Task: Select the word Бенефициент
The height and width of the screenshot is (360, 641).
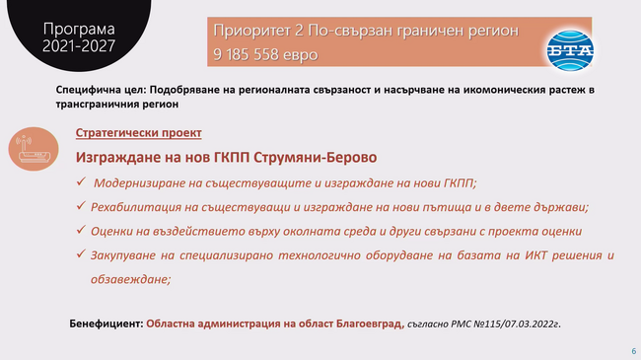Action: pos(106,324)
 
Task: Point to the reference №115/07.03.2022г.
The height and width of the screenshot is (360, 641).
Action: pos(512,324)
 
